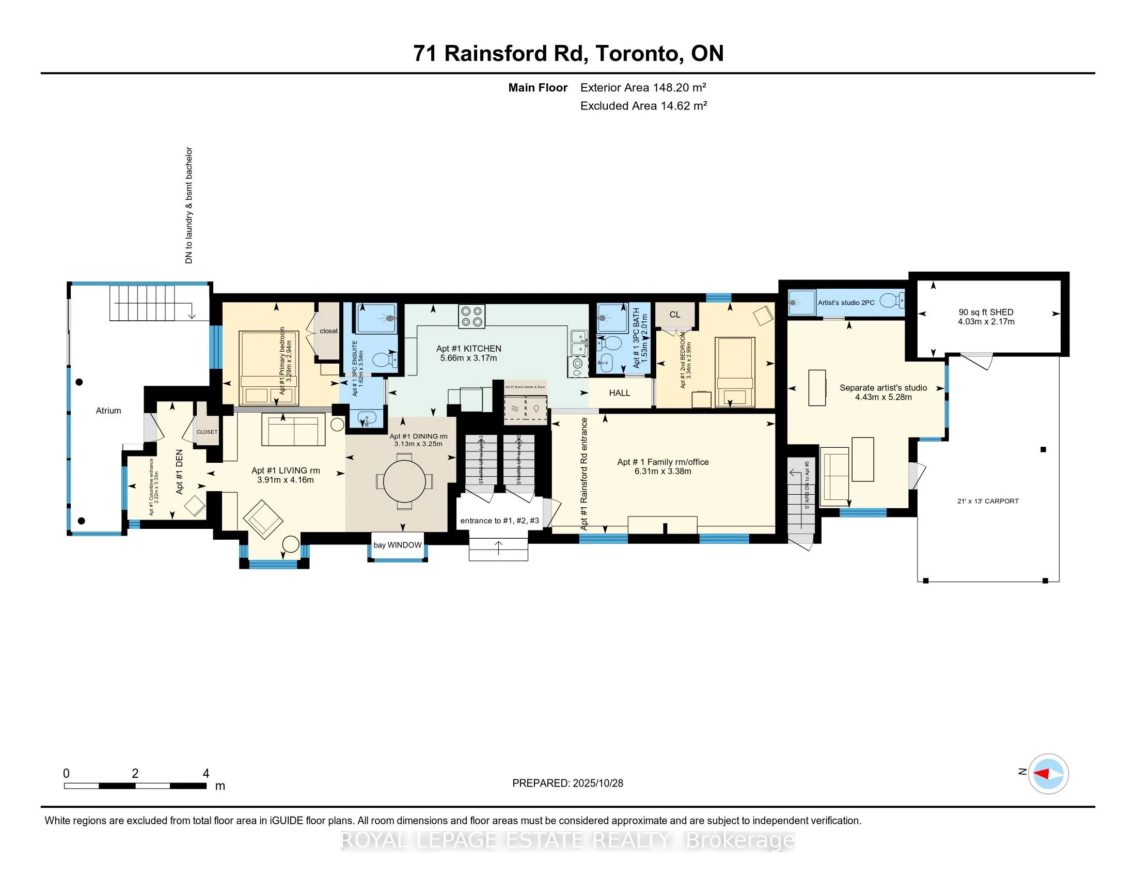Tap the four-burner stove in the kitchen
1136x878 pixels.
(x=472, y=317)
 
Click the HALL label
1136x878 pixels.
(x=619, y=393)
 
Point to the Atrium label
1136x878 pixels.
(x=108, y=411)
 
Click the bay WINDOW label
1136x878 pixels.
(x=398, y=545)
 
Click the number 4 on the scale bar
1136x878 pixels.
(x=206, y=774)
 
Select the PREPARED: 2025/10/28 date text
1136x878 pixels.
(x=567, y=783)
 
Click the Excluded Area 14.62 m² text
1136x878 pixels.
(x=643, y=106)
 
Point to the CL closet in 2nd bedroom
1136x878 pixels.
(x=675, y=315)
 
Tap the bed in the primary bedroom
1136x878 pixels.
(x=269, y=368)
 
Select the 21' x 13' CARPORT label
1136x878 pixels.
(x=987, y=501)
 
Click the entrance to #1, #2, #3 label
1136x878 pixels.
(x=499, y=521)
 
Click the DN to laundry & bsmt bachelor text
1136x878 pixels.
(x=190, y=206)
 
